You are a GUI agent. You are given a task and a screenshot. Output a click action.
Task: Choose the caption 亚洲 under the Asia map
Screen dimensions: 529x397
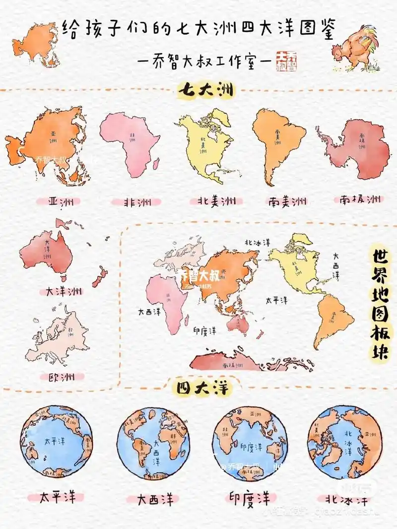coord(59,202)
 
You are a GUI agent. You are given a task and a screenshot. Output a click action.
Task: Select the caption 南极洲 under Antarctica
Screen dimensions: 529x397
coord(361,199)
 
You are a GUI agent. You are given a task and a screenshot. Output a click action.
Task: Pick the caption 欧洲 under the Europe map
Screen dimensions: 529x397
coord(57,377)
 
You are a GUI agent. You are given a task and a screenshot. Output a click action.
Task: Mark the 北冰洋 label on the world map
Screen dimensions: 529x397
coord(257,242)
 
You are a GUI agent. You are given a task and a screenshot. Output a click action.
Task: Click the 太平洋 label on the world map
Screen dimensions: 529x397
coord(276,300)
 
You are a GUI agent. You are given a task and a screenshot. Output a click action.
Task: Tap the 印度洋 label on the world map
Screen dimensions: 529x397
coord(204,330)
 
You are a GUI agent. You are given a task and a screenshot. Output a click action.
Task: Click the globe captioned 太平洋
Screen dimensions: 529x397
coord(57,442)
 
